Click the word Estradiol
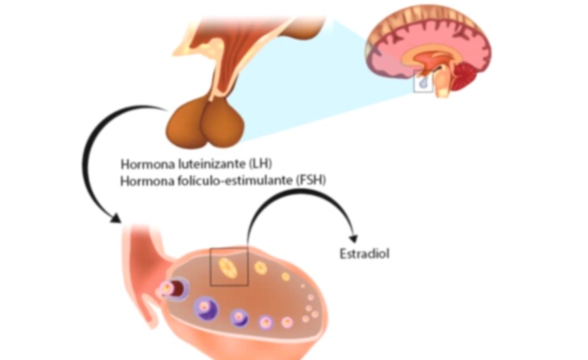[365, 254]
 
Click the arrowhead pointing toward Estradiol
[354, 238]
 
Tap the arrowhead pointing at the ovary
[115, 218]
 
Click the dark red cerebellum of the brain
[466, 77]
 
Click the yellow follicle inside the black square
[228, 267]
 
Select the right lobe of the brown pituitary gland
[223, 123]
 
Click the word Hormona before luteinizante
[144, 163]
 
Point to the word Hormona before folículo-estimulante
[144, 180]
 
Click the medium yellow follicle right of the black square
[260, 267]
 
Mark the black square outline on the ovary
[210, 267]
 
